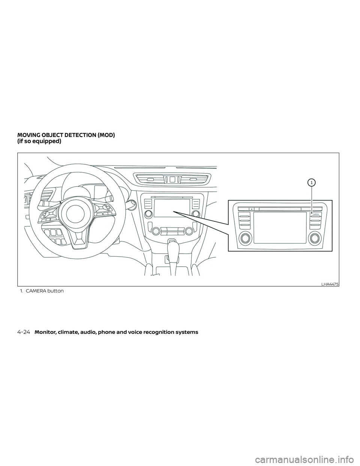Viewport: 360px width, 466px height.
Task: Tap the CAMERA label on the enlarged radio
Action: click(316, 214)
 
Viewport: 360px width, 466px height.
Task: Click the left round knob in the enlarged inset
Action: click(245, 238)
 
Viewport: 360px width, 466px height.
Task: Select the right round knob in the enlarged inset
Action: click(314, 238)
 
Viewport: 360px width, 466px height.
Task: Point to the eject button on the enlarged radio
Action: click(251, 209)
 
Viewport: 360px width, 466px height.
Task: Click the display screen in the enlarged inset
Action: click(280, 227)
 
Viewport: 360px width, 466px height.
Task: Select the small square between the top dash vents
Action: click(172, 179)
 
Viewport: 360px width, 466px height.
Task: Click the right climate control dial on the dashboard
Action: click(189, 231)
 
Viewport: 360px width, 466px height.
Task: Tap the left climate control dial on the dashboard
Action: click(155, 231)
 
